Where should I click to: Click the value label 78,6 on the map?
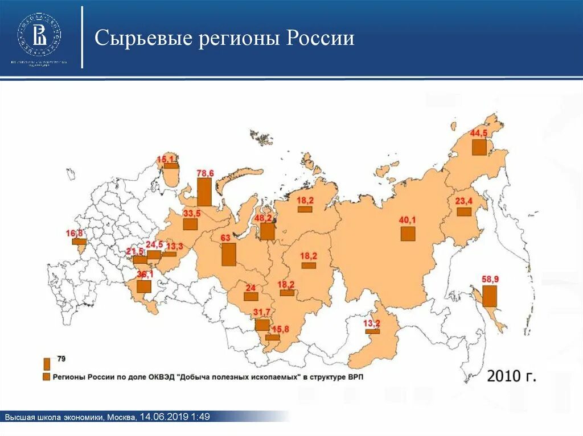(205, 173)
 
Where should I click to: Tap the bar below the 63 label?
(228, 254)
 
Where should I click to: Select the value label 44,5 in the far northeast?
(479, 133)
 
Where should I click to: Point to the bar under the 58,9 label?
(489, 296)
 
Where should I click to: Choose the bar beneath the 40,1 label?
(408, 234)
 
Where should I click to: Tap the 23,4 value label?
(464, 201)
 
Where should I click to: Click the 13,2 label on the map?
(372, 323)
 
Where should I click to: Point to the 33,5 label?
(191, 213)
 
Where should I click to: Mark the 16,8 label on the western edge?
(75, 233)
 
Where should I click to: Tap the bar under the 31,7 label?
(262, 325)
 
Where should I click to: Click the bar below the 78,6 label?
(204, 192)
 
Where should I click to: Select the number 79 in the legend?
(61, 359)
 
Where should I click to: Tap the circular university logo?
(39, 31)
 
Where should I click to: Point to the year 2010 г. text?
(511, 376)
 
